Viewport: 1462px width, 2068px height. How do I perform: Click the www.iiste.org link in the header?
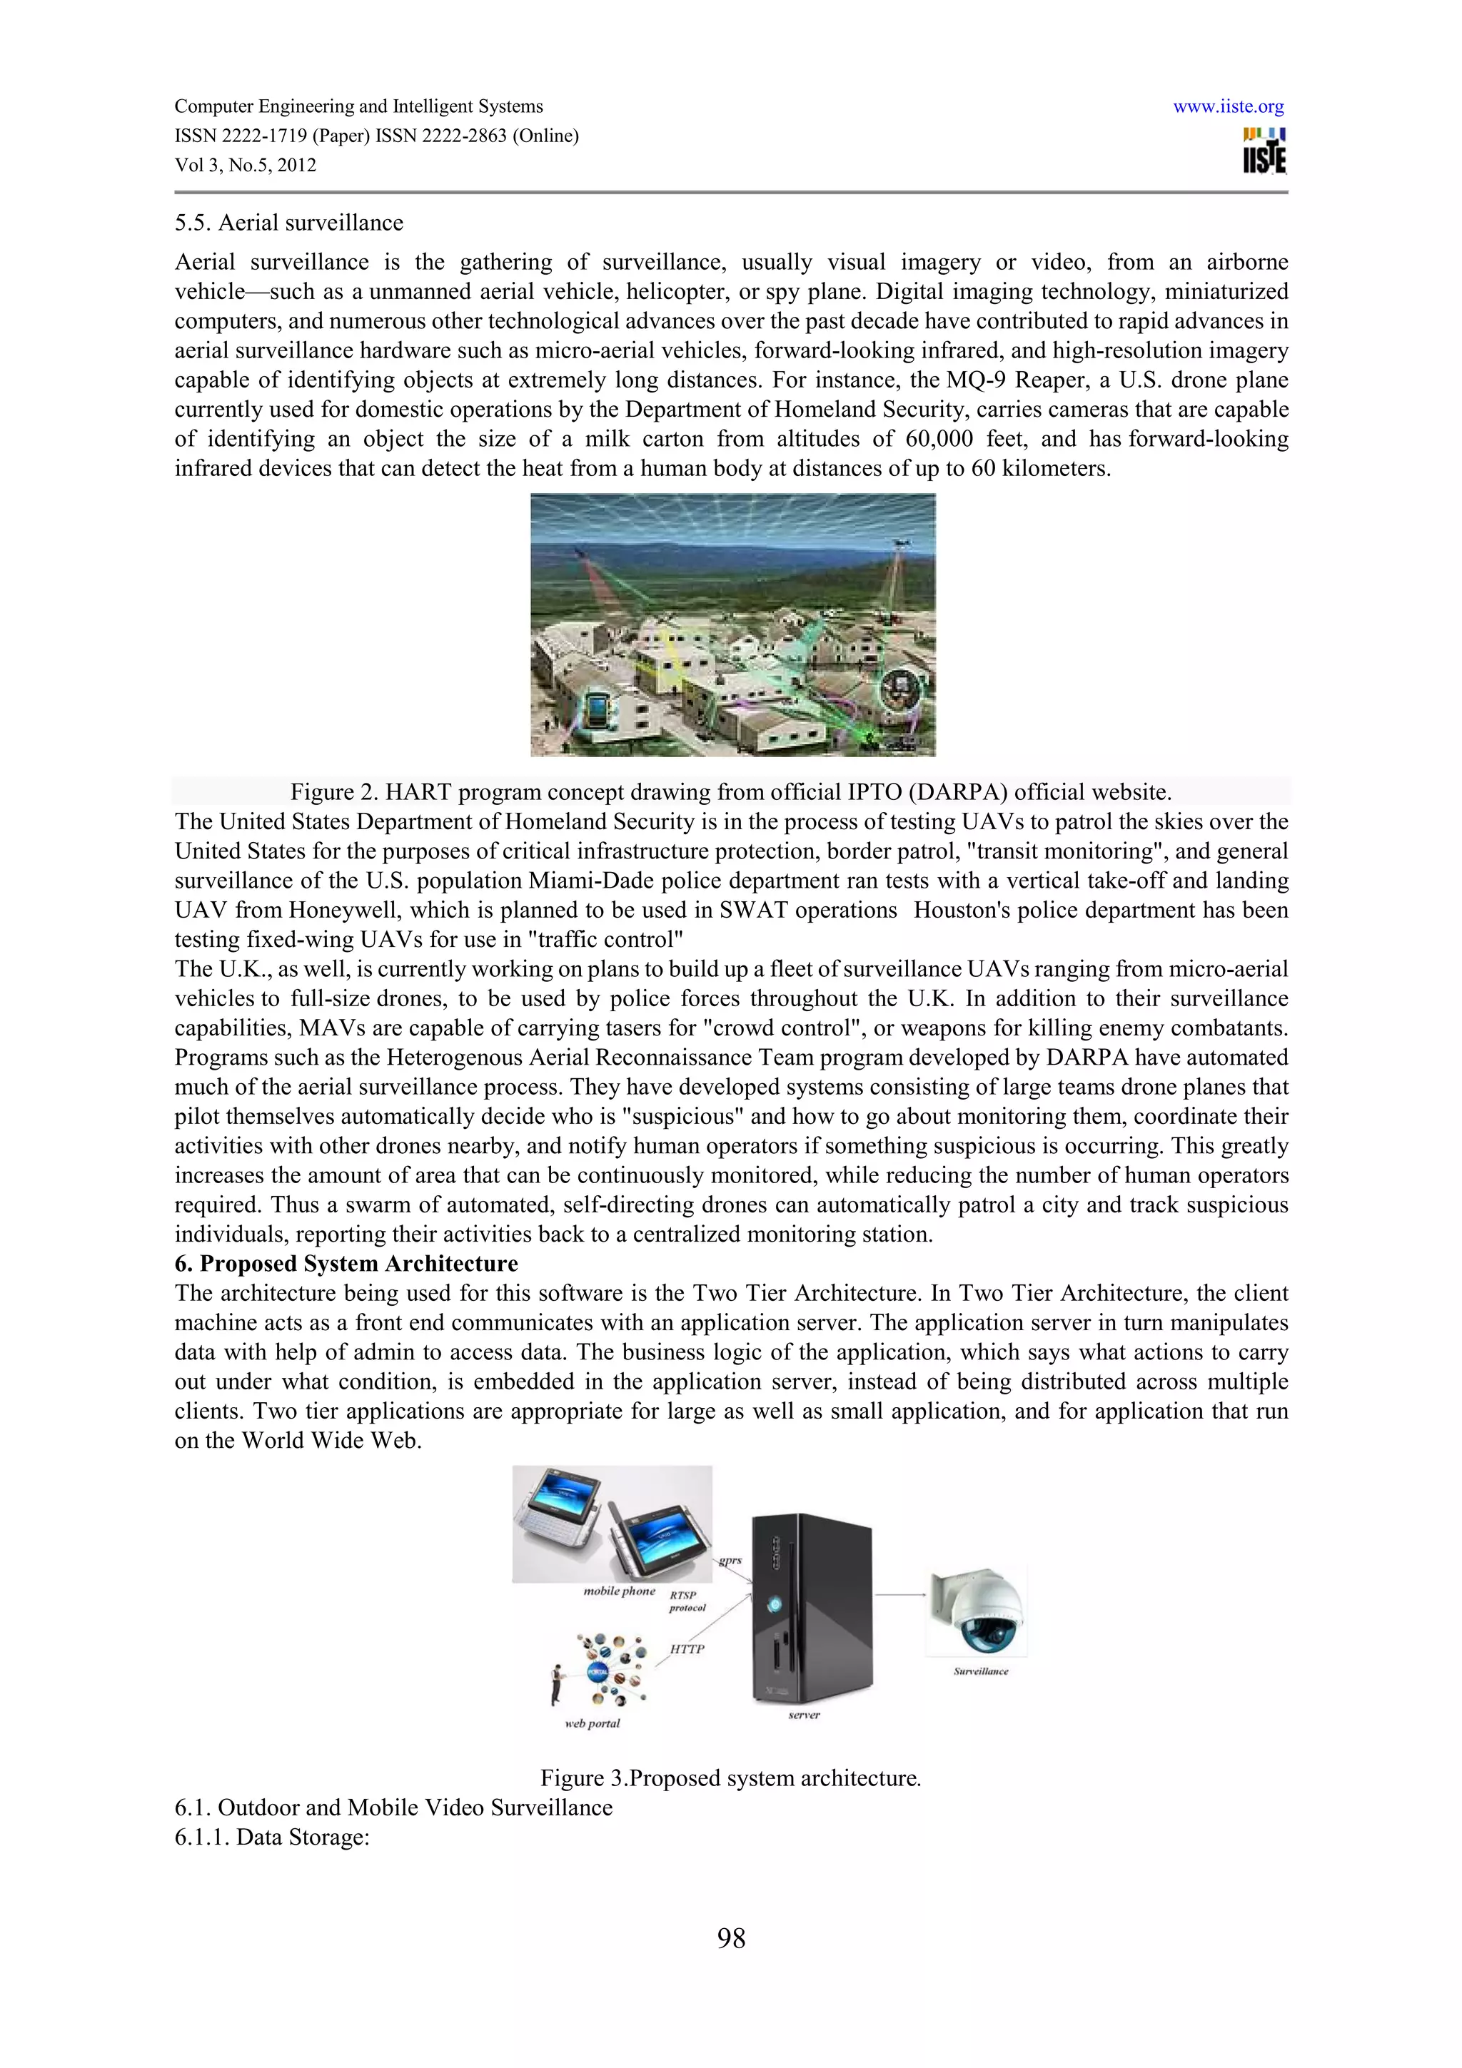coord(1228,107)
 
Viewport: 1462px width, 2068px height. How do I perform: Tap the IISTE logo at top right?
coord(1264,151)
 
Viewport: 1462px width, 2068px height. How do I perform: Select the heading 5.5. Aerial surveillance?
coord(288,223)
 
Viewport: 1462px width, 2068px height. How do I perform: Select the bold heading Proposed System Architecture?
coord(358,1264)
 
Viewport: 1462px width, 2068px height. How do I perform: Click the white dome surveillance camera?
coord(979,1611)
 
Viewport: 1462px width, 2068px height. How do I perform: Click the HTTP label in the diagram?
coord(687,1649)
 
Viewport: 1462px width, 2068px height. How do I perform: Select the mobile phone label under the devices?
coord(619,1591)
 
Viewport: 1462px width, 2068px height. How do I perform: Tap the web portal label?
coord(592,1723)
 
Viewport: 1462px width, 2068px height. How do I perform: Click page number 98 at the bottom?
coord(730,1937)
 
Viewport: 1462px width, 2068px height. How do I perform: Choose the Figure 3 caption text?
coord(730,1778)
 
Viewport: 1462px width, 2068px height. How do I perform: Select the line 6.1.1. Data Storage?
coord(272,1837)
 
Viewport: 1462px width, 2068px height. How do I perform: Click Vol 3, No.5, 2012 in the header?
coord(245,166)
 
